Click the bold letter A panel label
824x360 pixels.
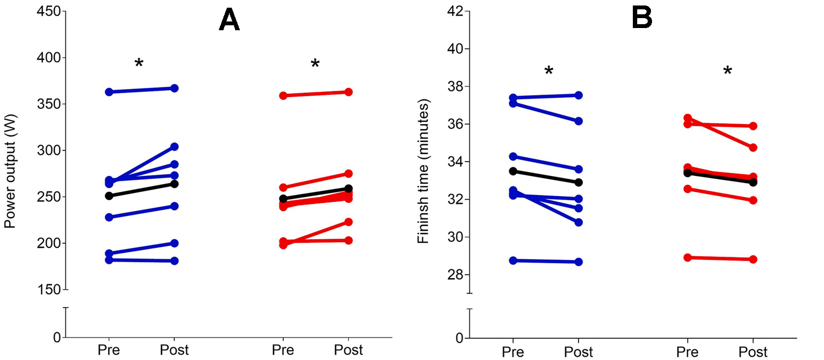pyautogui.click(x=229, y=21)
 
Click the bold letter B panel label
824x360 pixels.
pyautogui.click(x=642, y=18)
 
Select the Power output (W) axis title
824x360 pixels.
pyautogui.click(x=9, y=171)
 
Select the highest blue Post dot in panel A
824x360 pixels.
pyautogui.click(x=174, y=88)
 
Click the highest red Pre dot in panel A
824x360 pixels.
pyautogui.click(x=283, y=96)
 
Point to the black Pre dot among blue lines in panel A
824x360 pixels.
pyautogui.click(x=109, y=196)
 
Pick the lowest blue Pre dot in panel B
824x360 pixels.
pyautogui.click(x=513, y=261)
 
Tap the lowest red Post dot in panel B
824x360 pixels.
pyautogui.click(x=753, y=259)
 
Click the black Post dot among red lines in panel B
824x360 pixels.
pyautogui.click(x=753, y=182)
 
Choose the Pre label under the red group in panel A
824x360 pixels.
pyautogui.click(x=283, y=350)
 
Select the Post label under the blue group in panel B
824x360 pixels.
pyautogui.click(x=578, y=351)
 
